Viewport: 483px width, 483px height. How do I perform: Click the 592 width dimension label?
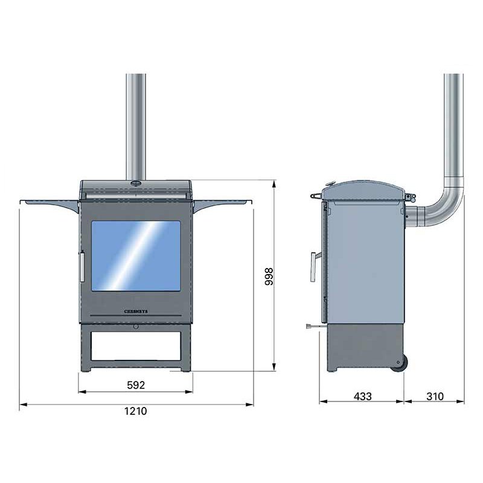pos(136,385)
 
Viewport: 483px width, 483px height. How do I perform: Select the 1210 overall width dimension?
pos(136,411)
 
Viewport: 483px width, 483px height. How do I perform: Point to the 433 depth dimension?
pos(362,397)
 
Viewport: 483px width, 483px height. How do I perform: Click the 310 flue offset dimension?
pos(434,397)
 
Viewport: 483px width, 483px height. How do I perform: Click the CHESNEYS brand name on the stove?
pos(136,308)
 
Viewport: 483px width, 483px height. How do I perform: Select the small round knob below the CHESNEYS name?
pos(136,327)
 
